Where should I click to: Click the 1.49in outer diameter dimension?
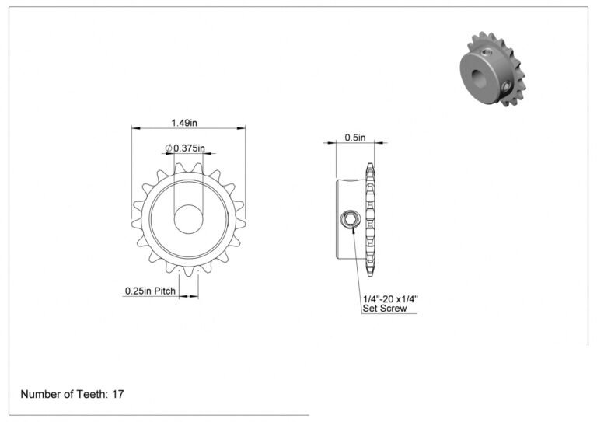(x=184, y=123)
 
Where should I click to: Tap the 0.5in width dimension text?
(x=354, y=138)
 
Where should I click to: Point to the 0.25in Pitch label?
(x=150, y=291)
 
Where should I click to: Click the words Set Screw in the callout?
(x=385, y=309)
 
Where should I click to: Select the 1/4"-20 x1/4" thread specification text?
(x=390, y=298)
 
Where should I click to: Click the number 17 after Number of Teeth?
(x=118, y=394)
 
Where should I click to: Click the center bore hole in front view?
(x=188, y=219)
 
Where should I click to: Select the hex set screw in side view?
(x=350, y=220)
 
